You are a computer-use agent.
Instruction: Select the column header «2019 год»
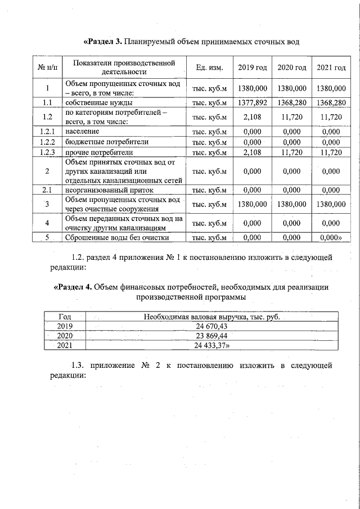tap(252, 67)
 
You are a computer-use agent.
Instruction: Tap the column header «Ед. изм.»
tap(209, 67)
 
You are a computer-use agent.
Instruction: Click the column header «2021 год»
tap(331, 67)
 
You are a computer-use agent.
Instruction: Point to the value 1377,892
tap(252, 103)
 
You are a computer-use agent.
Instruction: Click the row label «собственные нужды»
tap(98, 103)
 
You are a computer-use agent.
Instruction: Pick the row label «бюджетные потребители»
tap(106, 142)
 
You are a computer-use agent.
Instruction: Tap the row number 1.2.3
tap(48, 152)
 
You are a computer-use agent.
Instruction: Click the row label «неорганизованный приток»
tap(111, 190)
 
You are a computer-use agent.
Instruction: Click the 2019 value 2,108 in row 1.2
tap(252, 117)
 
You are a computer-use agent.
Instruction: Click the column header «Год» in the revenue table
tap(65, 317)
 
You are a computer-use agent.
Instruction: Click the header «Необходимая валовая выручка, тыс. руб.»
tap(211, 317)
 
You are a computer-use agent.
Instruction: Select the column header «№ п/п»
tap(48, 67)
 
